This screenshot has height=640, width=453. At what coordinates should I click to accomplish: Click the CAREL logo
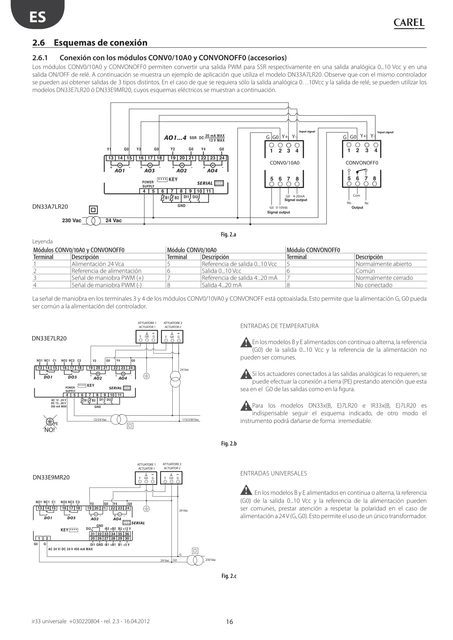tap(409, 23)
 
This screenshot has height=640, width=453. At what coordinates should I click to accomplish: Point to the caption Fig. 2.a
tap(229, 235)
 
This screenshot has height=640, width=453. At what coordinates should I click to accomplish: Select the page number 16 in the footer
tap(229, 622)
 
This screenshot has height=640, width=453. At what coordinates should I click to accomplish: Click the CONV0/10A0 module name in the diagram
tap(284, 163)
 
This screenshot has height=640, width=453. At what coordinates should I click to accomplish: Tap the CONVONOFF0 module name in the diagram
tap(362, 163)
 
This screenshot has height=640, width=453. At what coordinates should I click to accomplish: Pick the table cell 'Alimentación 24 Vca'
tap(98, 264)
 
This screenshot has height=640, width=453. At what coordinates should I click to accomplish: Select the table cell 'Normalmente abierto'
tap(384, 264)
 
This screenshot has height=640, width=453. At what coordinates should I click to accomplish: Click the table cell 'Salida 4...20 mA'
tap(222, 285)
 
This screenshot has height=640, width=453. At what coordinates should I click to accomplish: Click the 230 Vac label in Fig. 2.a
tap(72, 220)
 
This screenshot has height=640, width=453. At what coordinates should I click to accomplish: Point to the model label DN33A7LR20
tap(50, 207)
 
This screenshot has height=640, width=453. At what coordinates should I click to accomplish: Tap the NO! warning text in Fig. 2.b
tap(49, 430)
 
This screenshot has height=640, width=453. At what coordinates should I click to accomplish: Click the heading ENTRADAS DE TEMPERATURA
tap(279, 326)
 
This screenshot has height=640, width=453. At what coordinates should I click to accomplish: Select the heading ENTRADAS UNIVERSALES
tap(273, 474)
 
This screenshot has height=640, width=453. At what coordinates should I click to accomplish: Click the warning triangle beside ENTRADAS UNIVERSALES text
tap(246, 490)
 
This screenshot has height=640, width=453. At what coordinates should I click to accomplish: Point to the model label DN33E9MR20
tap(51, 477)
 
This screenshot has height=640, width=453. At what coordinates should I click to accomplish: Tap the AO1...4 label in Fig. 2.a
tap(175, 138)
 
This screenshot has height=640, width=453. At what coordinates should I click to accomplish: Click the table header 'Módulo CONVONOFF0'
tap(313, 250)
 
